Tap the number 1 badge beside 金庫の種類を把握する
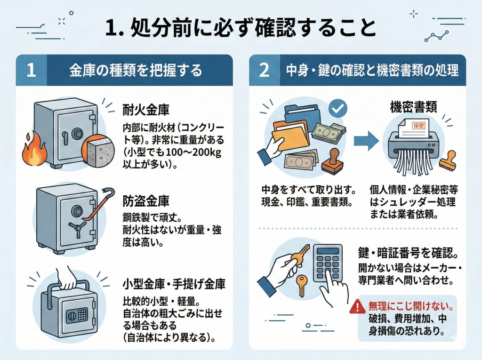(x=31, y=71)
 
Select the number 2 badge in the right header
(x=265, y=71)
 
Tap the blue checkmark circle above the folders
(x=337, y=108)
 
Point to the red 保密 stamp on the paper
(x=418, y=126)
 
